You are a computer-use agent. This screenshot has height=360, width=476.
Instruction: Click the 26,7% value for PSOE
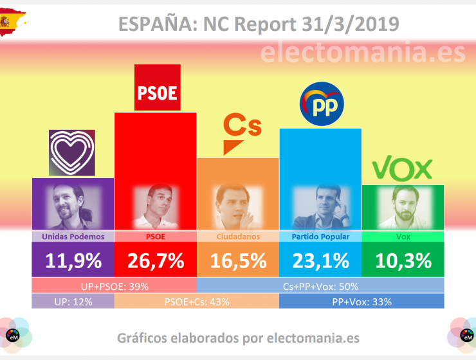tap(155, 260)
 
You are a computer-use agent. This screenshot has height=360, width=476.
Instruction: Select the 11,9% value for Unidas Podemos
tap(73, 260)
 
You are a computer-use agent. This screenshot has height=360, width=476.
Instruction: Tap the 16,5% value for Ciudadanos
tap(237, 260)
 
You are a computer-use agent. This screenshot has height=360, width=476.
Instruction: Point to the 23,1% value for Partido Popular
tap(320, 260)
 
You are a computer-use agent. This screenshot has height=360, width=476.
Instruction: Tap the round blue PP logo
tap(322, 104)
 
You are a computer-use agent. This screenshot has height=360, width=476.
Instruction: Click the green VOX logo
tap(403, 169)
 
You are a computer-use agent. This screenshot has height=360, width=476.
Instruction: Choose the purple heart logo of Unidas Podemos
tap(72, 153)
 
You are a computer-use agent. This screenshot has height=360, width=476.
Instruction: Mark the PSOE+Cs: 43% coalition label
tap(196, 301)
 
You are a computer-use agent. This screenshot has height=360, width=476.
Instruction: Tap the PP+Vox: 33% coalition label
tap(361, 301)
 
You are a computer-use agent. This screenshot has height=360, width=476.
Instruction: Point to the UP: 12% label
tap(73, 301)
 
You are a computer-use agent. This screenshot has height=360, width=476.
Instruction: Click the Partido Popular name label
tap(320, 237)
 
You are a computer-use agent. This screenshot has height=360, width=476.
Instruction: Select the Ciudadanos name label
tap(237, 237)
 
